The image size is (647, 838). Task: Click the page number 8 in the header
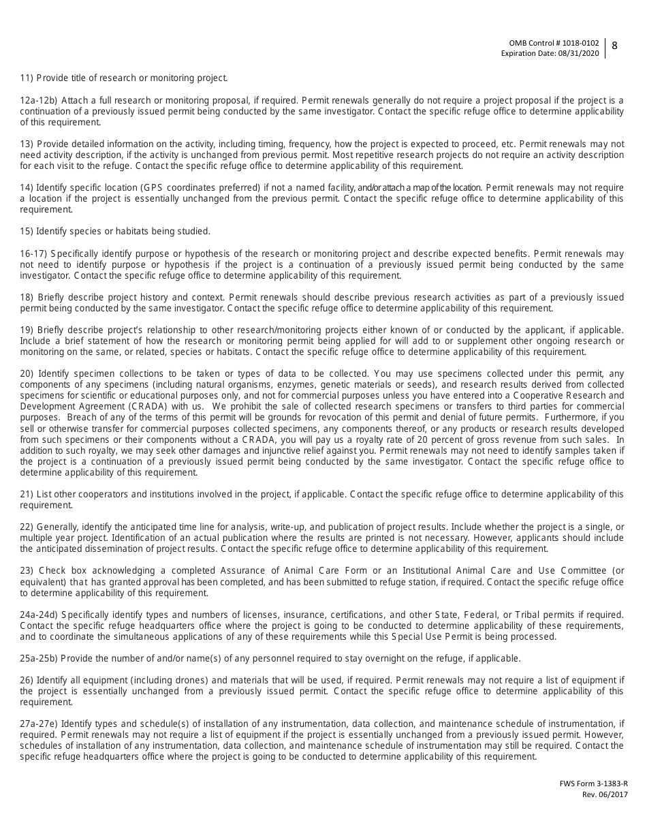614,46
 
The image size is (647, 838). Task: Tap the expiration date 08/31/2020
579,53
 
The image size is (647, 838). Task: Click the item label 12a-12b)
38,100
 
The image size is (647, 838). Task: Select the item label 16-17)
33,253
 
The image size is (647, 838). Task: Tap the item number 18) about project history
27,297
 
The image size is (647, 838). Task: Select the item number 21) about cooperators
27,494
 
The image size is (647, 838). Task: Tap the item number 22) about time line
27,527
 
